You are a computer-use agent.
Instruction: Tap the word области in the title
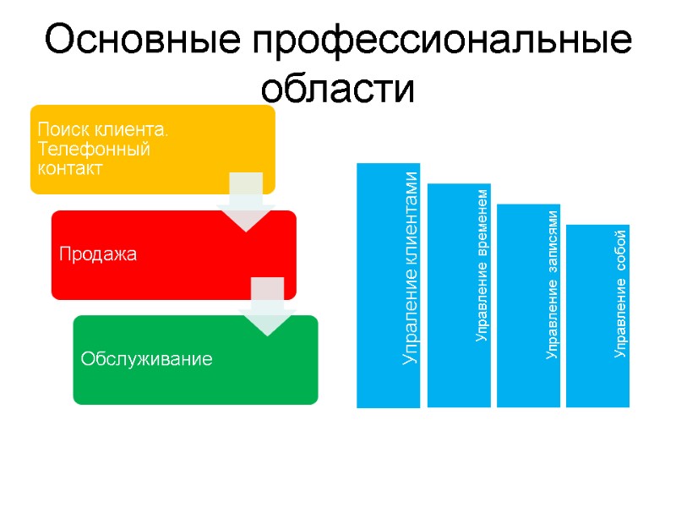[x=338, y=87]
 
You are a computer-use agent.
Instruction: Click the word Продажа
[x=98, y=254]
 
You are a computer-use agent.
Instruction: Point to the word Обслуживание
[x=146, y=359]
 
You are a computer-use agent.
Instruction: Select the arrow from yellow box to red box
[x=246, y=202]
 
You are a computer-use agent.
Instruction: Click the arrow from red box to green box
[x=267, y=307]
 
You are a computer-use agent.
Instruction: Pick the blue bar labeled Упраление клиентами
[x=388, y=285]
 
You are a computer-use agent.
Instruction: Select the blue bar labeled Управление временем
[x=459, y=295]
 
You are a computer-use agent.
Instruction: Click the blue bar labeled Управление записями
[x=528, y=305]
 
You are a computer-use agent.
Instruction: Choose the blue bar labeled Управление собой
[x=597, y=315]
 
